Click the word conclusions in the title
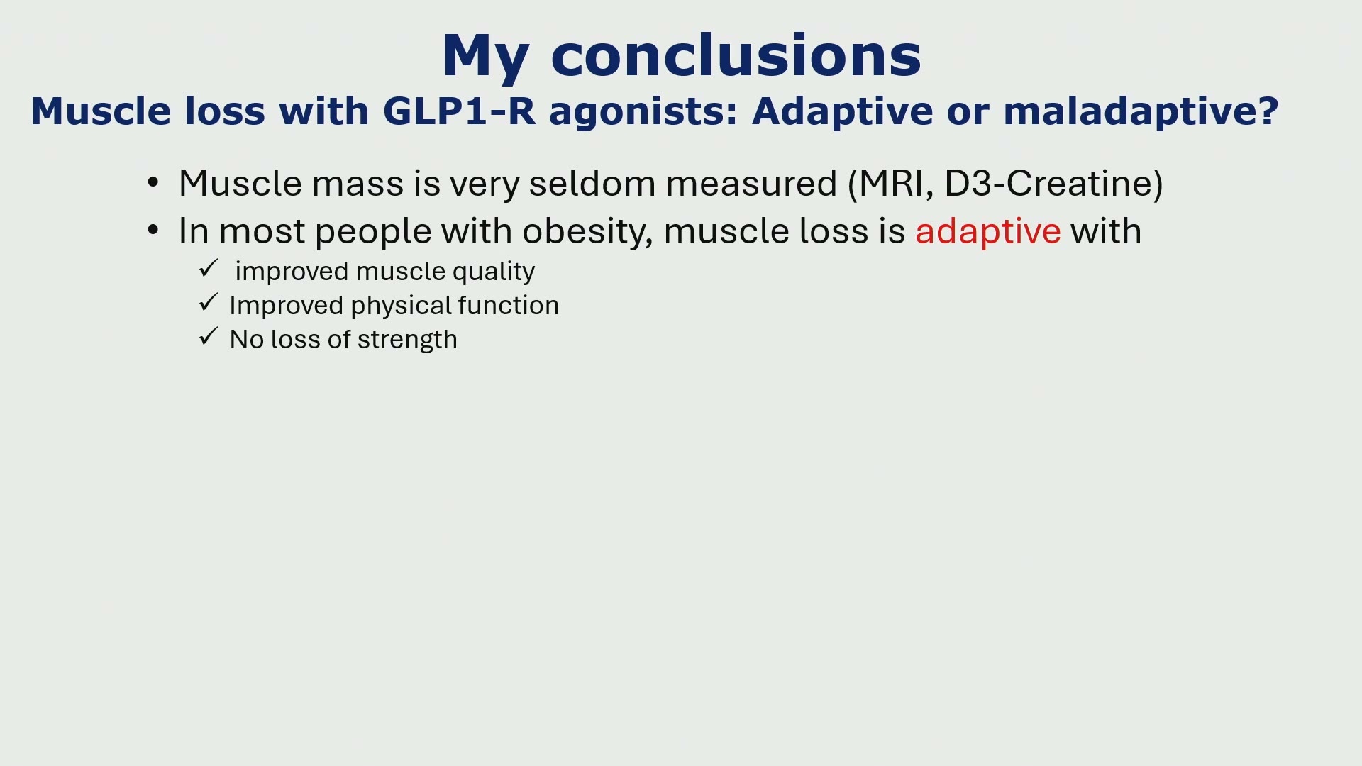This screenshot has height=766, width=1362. click(736, 55)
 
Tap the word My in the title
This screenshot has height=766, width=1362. click(485, 57)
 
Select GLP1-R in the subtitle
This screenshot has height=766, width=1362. click(459, 111)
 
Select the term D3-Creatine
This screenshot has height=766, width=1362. click(1048, 184)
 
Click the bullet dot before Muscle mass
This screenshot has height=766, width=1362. click(153, 183)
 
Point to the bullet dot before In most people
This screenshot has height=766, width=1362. click(153, 231)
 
